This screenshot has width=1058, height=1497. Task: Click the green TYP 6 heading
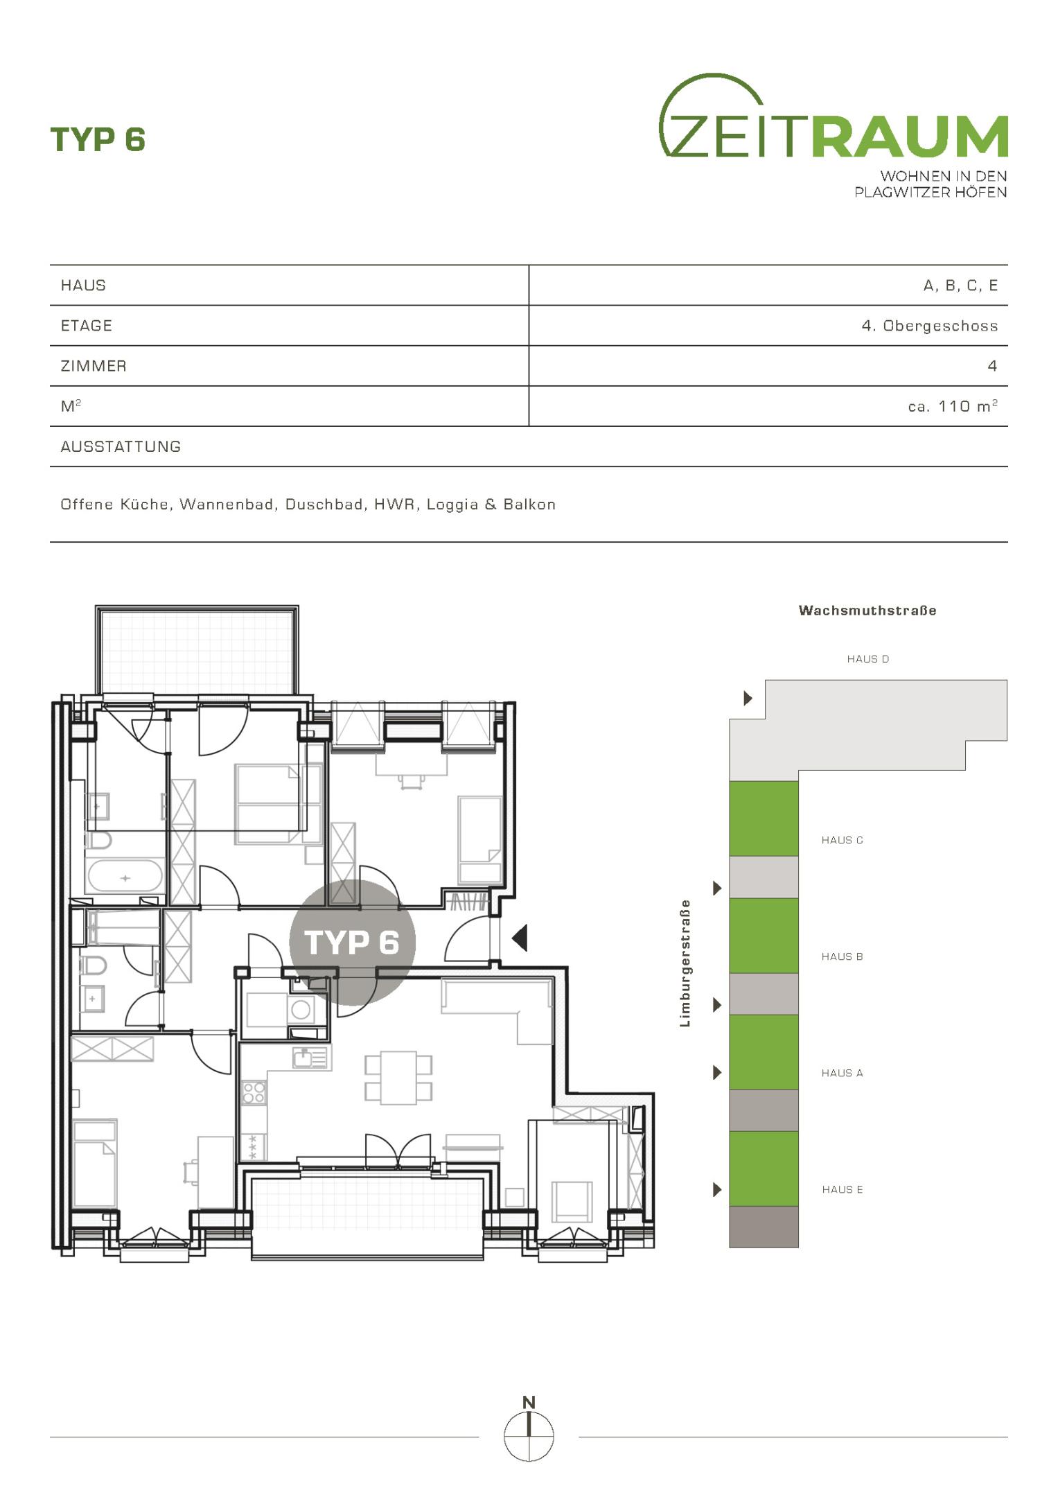(98, 139)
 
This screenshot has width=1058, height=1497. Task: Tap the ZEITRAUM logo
(833, 135)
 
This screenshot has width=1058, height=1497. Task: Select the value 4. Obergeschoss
(930, 326)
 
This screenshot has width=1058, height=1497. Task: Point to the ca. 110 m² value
(953, 406)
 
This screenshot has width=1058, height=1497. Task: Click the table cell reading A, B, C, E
(960, 286)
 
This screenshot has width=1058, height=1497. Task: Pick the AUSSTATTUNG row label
(121, 447)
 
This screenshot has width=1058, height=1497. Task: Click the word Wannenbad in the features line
(227, 505)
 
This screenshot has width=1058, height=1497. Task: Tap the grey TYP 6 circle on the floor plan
(352, 943)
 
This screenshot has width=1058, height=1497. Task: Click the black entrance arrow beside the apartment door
(520, 938)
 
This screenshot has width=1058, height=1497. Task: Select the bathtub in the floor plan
(125, 877)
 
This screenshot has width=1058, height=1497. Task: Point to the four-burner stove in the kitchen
(254, 1093)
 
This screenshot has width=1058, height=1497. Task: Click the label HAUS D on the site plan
(867, 659)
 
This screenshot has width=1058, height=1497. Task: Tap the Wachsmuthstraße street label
(867, 611)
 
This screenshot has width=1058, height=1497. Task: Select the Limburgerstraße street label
(685, 963)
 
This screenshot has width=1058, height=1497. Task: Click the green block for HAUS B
(764, 936)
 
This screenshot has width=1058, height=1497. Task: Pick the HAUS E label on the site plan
(843, 1189)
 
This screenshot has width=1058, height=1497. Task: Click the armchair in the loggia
(572, 1202)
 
